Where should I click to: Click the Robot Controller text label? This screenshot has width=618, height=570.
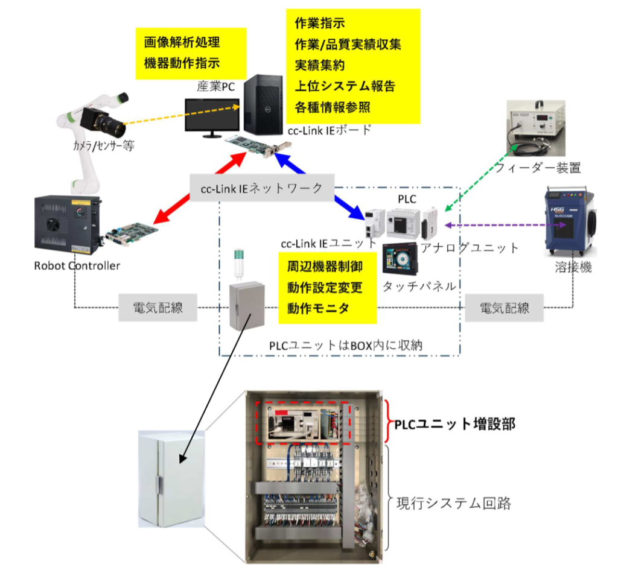click(77, 265)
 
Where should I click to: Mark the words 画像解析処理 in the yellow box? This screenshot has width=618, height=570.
click(182, 43)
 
